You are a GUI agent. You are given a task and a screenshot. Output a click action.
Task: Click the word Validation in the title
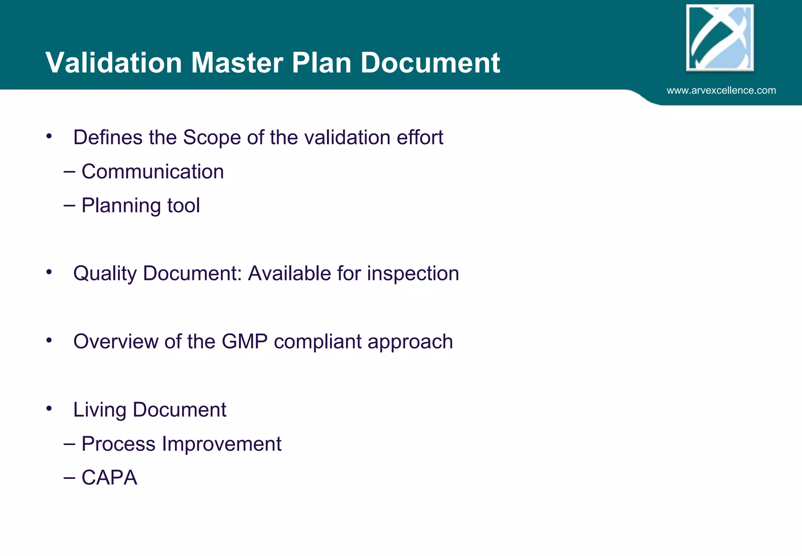coord(114,63)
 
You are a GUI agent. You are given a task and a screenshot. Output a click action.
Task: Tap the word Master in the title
coord(237,63)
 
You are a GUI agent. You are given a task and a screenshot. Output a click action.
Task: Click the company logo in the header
coord(720,38)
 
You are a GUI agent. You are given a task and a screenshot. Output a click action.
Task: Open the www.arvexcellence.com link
coord(721,91)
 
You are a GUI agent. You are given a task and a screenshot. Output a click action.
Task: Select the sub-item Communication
coord(153,172)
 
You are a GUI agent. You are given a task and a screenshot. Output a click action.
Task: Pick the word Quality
coord(105,274)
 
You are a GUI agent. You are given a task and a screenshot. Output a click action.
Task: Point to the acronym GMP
coord(244,342)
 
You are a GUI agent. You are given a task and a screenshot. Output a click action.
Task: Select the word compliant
coord(318,342)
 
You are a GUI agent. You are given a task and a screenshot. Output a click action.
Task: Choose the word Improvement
coord(222,444)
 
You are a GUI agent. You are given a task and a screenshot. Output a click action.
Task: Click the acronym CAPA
coord(109,478)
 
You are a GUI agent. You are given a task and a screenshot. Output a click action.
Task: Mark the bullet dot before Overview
coord(49,340)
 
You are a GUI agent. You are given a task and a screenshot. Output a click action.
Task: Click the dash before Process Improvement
coord(69,444)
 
